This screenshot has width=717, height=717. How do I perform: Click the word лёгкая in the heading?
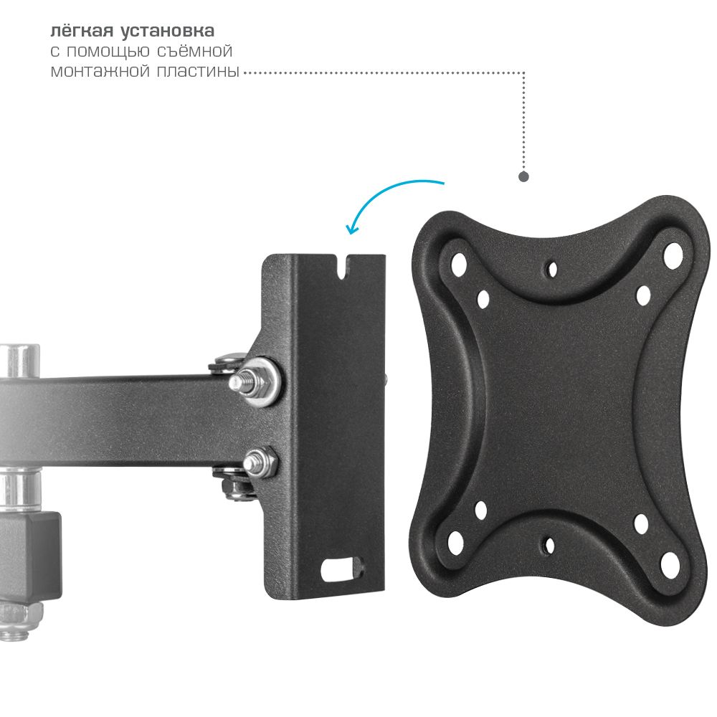81,31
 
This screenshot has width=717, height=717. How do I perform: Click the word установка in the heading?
168,31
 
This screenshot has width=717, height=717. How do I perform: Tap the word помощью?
108,51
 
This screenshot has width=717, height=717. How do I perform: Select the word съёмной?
195,50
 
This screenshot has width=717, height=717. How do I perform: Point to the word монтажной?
100,71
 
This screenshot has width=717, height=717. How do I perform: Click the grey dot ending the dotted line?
523,176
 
